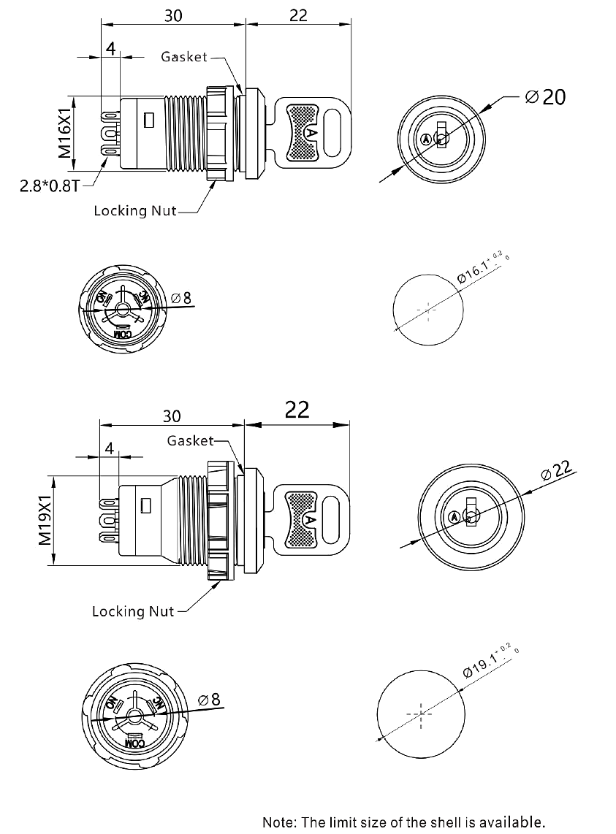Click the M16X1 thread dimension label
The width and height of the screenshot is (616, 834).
[64, 134]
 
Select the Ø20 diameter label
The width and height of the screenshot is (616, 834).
[545, 96]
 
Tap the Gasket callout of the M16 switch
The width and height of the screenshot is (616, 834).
[184, 57]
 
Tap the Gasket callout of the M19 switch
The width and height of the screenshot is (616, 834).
[190, 440]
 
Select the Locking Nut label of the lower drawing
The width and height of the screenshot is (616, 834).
[132, 611]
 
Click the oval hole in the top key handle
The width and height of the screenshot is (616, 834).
[335, 134]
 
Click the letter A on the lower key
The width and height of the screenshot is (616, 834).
[310, 519]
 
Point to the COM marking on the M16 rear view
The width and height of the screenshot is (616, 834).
[123, 333]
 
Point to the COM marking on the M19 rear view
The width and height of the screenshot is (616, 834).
[135, 743]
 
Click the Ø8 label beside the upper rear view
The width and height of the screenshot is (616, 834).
[181, 298]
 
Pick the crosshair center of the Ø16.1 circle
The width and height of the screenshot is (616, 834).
[427, 310]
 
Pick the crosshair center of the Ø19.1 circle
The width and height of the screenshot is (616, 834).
[421, 714]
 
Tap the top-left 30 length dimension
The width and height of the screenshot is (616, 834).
[172, 16]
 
